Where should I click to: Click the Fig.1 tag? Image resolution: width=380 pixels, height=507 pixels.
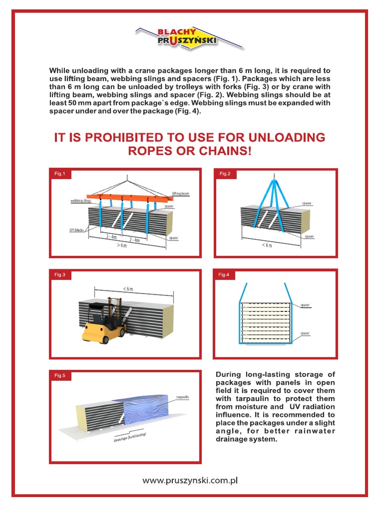click(x=60, y=174)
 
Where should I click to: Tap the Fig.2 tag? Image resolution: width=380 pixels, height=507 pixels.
click(x=225, y=174)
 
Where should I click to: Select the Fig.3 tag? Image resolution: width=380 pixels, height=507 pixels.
click(x=60, y=274)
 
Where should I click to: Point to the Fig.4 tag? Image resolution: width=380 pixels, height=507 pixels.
click(x=224, y=274)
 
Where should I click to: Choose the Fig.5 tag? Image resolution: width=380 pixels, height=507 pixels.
click(x=60, y=376)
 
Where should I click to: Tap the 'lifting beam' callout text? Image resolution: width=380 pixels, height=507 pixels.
click(x=180, y=194)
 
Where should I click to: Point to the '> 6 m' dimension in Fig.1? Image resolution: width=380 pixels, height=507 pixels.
click(x=121, y=246)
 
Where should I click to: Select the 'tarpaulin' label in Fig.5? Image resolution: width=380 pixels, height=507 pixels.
click(x=183, y=397)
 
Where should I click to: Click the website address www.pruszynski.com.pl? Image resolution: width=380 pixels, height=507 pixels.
click(x=190, y=480)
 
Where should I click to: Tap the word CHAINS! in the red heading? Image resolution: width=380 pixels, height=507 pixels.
click(x=228, y=151)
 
